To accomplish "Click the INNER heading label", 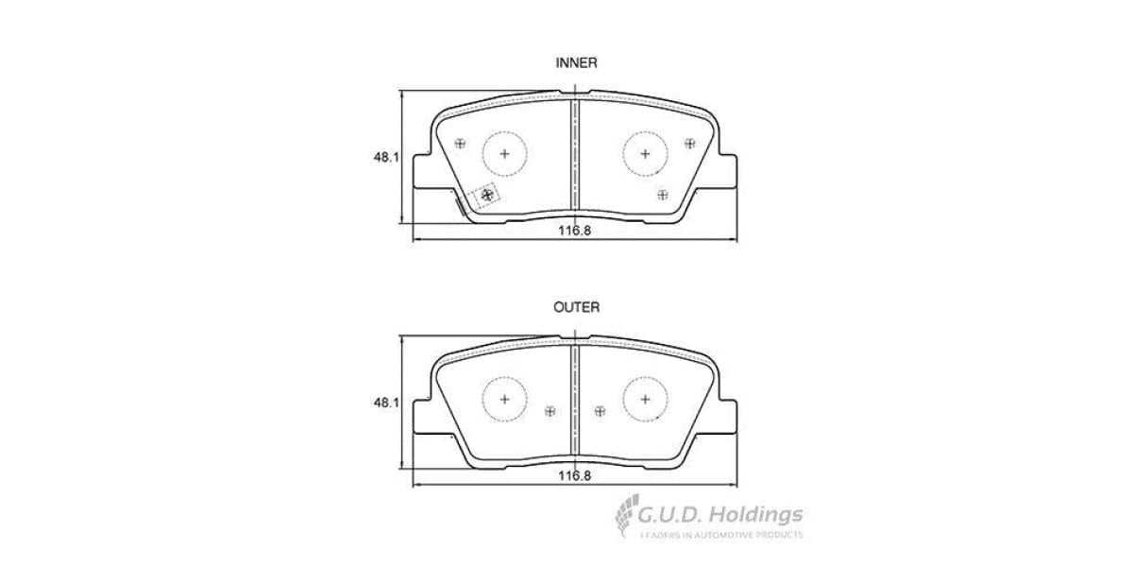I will pyautogui.click(x=575, y=62).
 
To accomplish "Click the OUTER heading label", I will pyautogui.click(x=575, y=307).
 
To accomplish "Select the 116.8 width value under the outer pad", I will pyautogui.click(x=572, y=476).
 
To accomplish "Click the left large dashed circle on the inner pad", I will pyautogui.click(x=504, y=153).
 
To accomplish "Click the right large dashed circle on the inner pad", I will pyautogui.click(x=646, y=153).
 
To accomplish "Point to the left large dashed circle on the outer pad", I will pyautogui.click(x=504, y=398).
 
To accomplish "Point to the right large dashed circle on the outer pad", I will pyautogui.click(x=646, y=398).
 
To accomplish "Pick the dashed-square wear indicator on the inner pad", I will pyautogui.click(x=487, y=194).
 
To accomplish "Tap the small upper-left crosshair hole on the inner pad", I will pyautogui.click(x=461, y=144).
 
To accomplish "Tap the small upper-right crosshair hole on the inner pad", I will pyautogui.click(x=689, y=144).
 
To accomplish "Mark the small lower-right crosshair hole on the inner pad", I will pyautogui.click(x=662, y=194).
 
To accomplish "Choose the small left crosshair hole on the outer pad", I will pyautogui.click(x=550, y=410).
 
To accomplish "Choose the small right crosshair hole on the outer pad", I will pyautogui.click(x=600, y=410).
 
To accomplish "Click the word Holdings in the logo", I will pyautogui.click(x=756, y=515).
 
